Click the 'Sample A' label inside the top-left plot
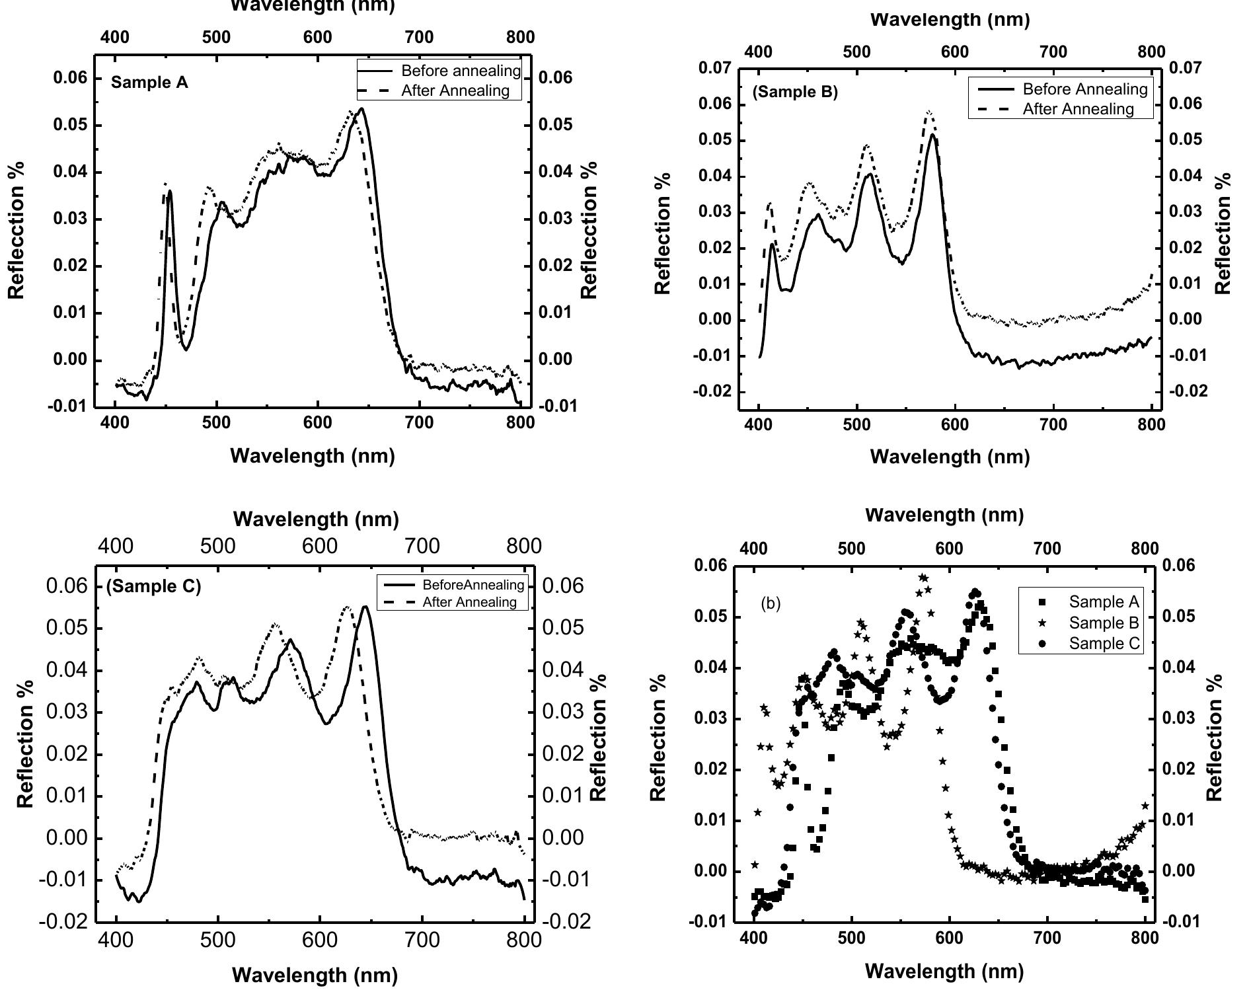point(149,83)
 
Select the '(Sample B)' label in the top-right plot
point(794,92)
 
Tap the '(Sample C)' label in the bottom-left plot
point(153,586)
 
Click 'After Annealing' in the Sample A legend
point(455,91)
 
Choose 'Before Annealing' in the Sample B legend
point(1084,89)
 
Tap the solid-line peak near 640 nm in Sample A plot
point(361,109)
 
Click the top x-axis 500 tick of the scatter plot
point(851,549)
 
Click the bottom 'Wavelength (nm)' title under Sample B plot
point(950,456)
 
